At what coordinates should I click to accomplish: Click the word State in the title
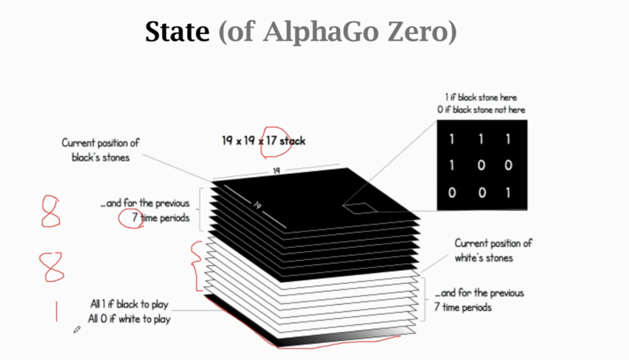click(x=177, y=32)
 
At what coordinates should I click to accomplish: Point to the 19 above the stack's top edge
click(x=276, y=171)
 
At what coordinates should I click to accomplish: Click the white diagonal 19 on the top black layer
click(x=257, y=205)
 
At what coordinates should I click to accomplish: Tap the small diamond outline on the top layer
click(x=359, y=207)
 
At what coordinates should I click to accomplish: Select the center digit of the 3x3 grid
click(x=481, y=166)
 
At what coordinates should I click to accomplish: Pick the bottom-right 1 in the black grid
click(x=508, y=193)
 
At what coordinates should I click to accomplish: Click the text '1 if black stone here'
click(x=481, y=97)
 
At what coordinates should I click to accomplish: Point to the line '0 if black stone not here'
click(x=481, y=110)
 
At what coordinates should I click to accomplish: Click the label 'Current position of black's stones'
click(x=100, y=150)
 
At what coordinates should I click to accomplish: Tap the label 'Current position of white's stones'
click(x=493, y=250)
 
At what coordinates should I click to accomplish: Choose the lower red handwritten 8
click(x=52, y=267)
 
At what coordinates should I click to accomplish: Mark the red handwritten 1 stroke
click(x=56, y=311)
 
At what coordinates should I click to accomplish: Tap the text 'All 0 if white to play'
click(x=129, y=319)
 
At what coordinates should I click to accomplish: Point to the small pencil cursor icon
click(x=77, y=330)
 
